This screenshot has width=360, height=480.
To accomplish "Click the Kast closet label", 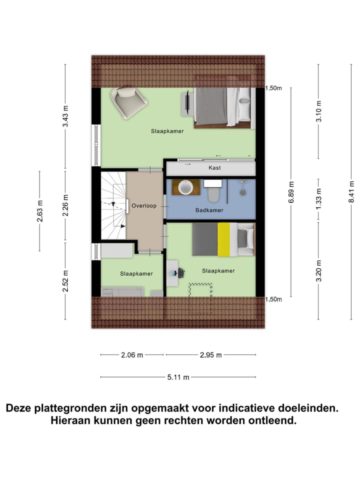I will tap(214, 168).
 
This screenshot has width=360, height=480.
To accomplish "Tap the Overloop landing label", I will tap(144, 205).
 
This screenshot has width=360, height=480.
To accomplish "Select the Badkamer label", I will tap(208, 210).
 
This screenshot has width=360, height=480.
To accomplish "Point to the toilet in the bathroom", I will tap(213, 190).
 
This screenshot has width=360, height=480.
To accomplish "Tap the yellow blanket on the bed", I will tap(223, 240).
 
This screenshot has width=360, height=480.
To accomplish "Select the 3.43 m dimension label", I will tap(65, 118).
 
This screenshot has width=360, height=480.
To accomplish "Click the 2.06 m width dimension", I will tap(132, 355).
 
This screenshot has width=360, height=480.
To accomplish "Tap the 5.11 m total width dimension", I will tap(178, 377).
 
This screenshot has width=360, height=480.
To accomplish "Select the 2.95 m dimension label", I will tap(210, 355).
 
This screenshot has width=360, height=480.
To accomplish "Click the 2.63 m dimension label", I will tap(40, 211).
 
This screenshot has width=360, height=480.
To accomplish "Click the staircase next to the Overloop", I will tap(113, 205).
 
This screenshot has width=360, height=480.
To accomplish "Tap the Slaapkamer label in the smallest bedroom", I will tap(136, 273).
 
